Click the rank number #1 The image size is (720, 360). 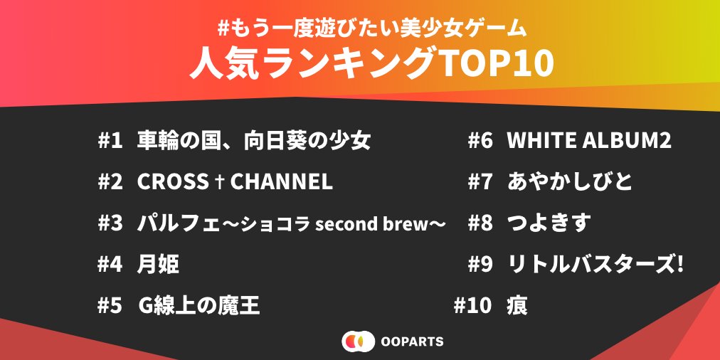[x=110, y=142]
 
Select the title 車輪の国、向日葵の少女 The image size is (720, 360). [x=254, y=142]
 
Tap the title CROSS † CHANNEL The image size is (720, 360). [x=235, y=182]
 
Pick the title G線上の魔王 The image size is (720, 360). [x=198, y=305]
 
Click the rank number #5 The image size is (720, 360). [x=110, y=305]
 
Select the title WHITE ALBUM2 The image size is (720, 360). [x=589, y=142]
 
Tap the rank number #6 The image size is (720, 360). [x=480, y=142]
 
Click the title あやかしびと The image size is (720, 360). [x=570, y=182]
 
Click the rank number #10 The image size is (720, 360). [x=473, y=305]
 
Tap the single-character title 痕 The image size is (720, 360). [x=517, y=305]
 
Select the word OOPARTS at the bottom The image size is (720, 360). [x=413, y=342]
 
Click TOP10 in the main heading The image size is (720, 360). [x=494, y=65]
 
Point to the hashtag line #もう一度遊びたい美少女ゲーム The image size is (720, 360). [x=371, y=29]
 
